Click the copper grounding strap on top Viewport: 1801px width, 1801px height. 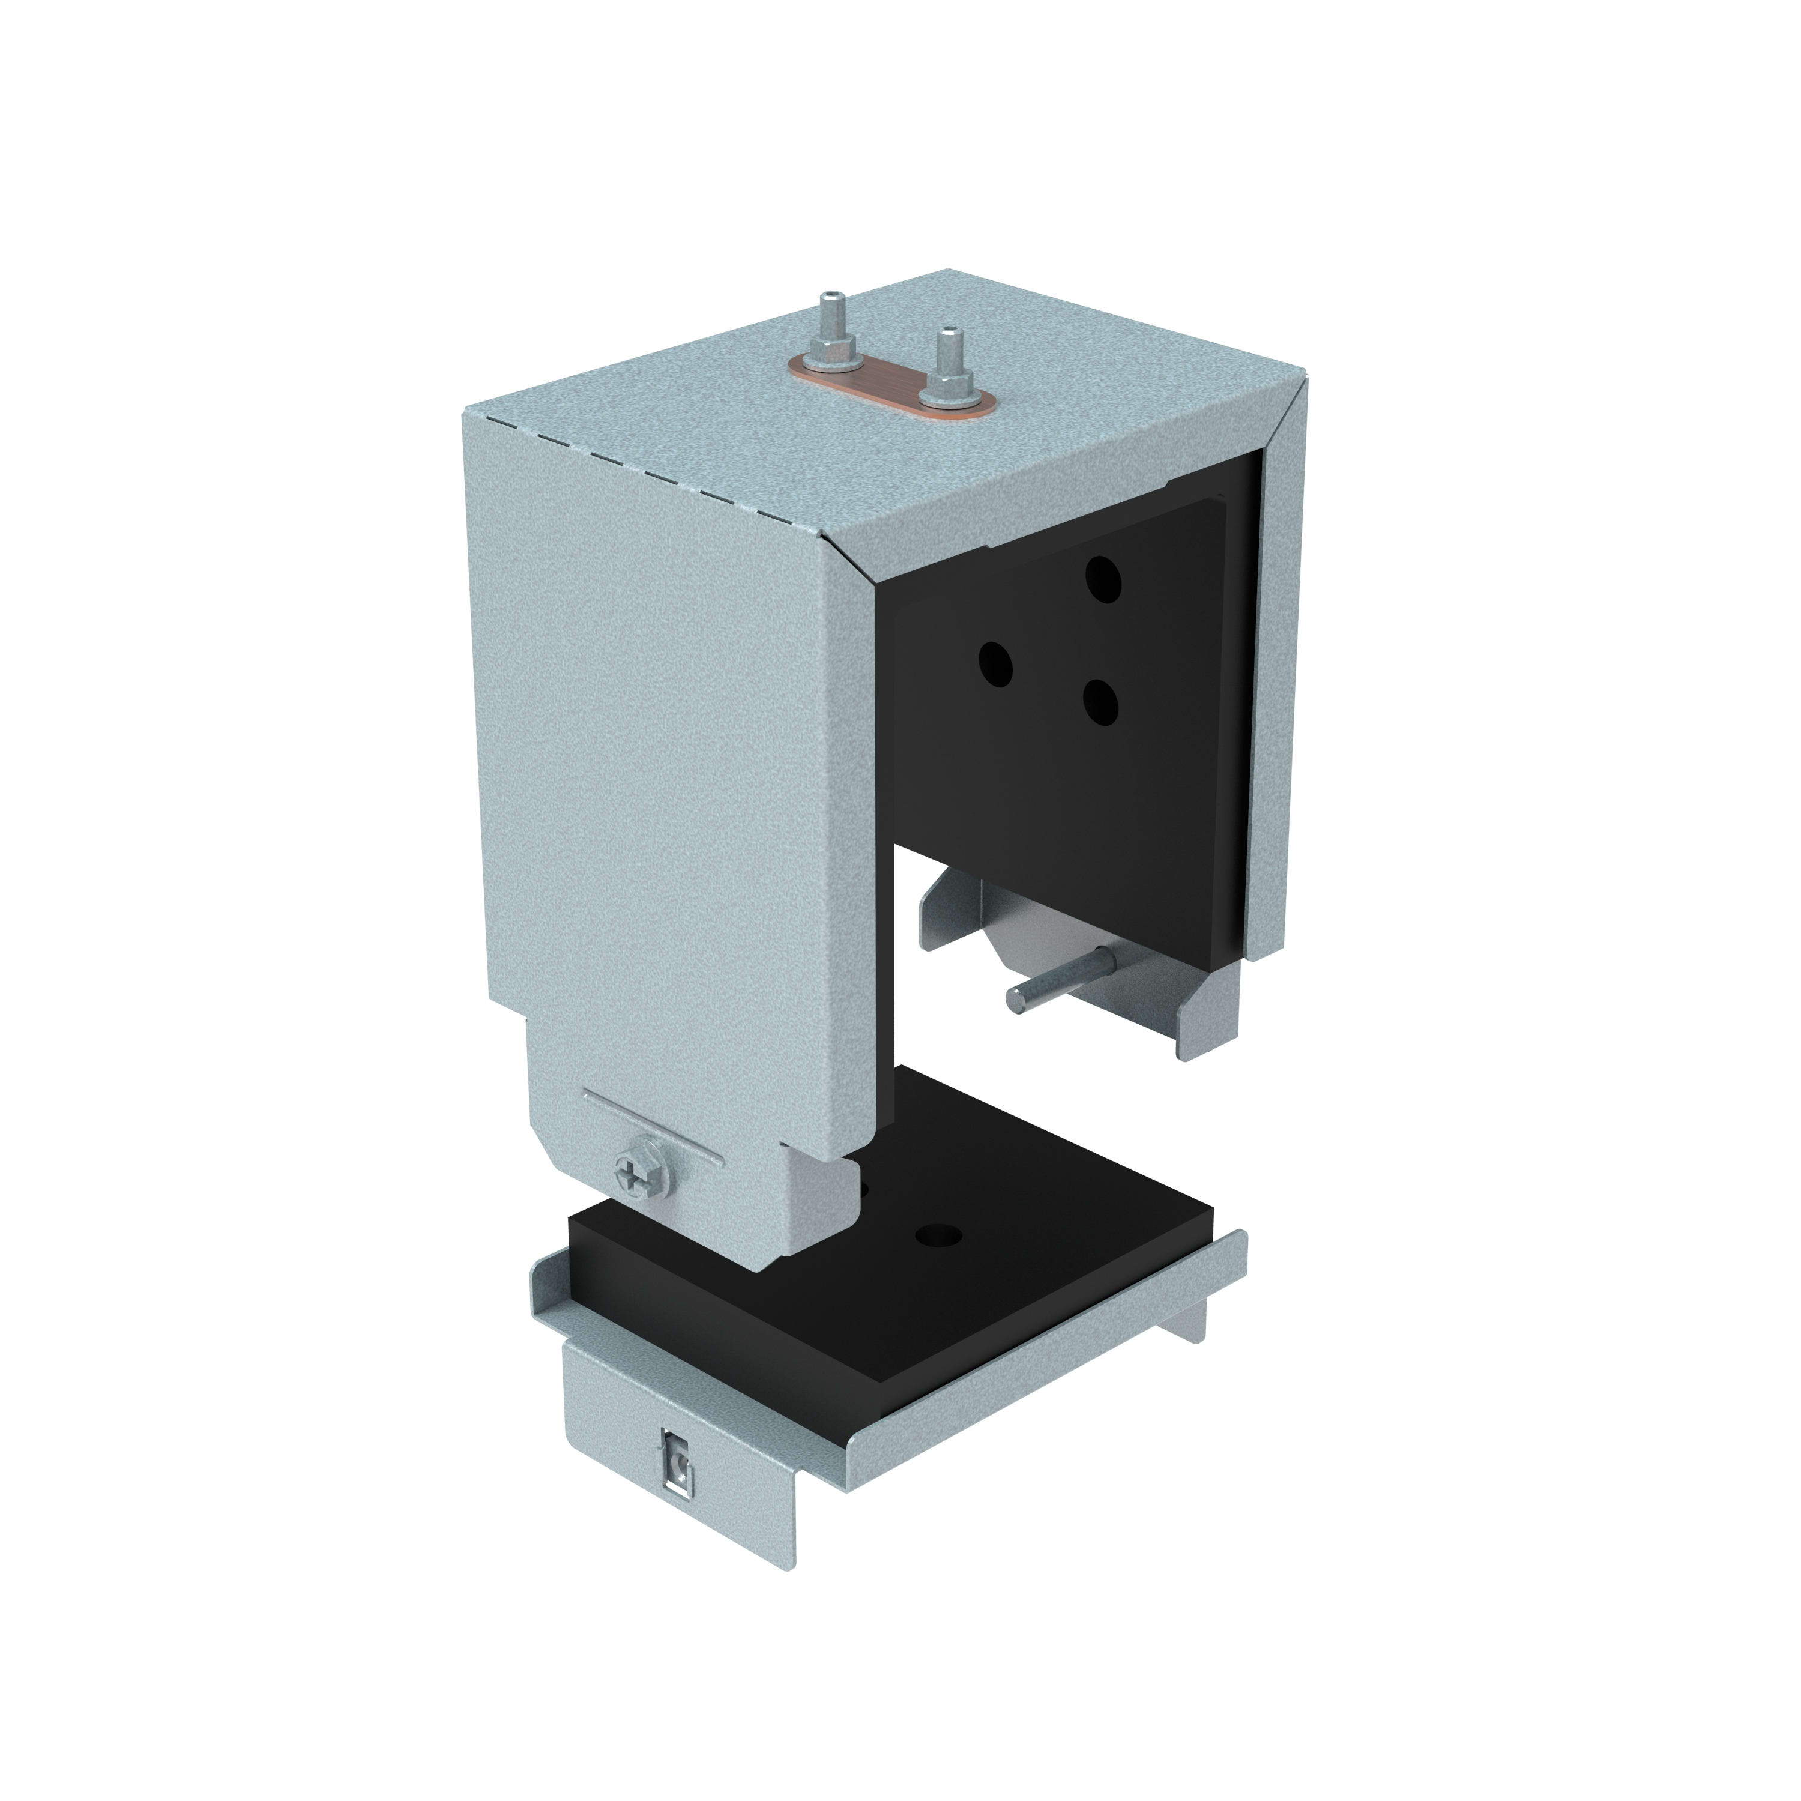(x=890, y=383)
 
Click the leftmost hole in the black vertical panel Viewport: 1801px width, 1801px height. (x=995, y=664)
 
